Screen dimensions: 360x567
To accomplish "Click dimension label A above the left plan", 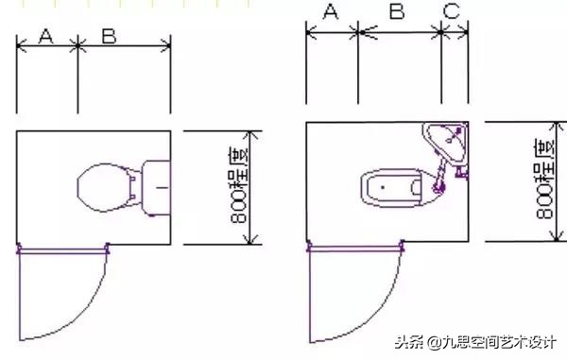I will click(44, 36).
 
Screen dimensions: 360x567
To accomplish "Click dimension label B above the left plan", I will click(109, 36).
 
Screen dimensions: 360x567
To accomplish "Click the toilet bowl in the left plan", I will click(107, 187).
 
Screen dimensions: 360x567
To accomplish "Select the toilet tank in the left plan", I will click(155, 187).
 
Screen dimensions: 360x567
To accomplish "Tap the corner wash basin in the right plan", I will click(446, 143).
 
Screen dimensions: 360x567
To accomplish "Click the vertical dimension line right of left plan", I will click(250, 187).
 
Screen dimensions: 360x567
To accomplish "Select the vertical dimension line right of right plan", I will click(557, 184).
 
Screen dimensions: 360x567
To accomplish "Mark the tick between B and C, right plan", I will click(442, 30).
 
